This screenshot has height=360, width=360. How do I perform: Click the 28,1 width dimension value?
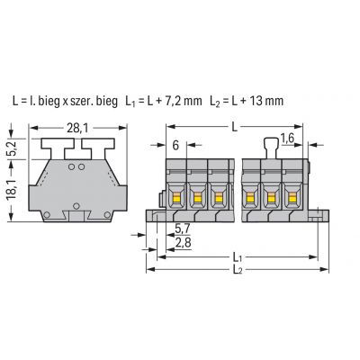click(x=77, y=128)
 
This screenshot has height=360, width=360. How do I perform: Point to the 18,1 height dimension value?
click(x=13, y=190)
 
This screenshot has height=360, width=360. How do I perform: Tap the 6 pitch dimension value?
click(x=175, y=146)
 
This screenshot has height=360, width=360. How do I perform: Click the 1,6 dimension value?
click(x=287, y=139)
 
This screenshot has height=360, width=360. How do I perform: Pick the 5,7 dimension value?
click(x=182, y=229)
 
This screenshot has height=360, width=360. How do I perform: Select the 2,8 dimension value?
click(x=183, y=243)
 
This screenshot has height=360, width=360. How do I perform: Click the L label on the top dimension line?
click(x=235, y=128)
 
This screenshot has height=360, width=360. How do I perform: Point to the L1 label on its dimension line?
click(x=238, y=257)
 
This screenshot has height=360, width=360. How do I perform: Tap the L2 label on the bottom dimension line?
click(x=238, y=270)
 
